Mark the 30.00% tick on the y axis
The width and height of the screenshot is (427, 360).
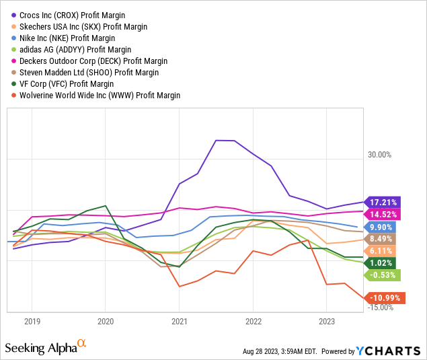coord(379,154)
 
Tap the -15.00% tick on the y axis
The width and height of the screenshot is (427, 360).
coord(379,308)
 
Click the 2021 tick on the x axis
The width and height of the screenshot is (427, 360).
coord(179,321)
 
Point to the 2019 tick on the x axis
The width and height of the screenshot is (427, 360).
coord(32,321)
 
